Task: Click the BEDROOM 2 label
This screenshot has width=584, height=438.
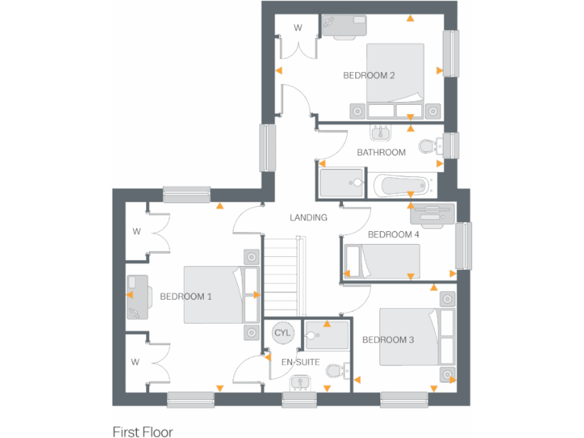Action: (369, 75)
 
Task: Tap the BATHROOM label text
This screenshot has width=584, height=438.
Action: (381, 152)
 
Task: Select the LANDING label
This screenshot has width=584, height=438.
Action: (308, 217)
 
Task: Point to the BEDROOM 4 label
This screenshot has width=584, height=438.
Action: (393, 234)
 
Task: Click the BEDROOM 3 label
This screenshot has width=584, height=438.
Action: (388, 339)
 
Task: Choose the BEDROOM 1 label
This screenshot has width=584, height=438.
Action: (186, 296)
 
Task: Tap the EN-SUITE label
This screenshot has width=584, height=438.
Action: (300, 362)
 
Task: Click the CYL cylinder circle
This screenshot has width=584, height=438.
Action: (282, 333)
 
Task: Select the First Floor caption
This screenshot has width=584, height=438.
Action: (143, 432)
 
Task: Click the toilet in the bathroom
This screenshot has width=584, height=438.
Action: (429, 145)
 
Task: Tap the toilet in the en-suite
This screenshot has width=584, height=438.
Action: (335, 371)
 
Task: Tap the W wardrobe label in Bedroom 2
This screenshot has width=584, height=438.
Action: (298, 28)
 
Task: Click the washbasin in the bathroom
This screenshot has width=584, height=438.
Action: (379, 133)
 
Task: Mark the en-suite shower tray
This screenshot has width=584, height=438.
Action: (326, 335)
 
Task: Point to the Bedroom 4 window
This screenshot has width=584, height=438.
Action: (463, 245)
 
